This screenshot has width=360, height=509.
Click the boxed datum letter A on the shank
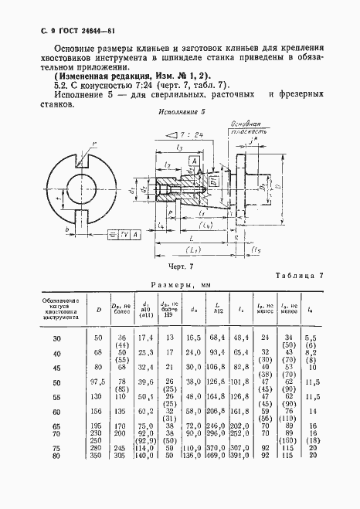193,160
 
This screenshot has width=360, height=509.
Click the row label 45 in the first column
55,369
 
